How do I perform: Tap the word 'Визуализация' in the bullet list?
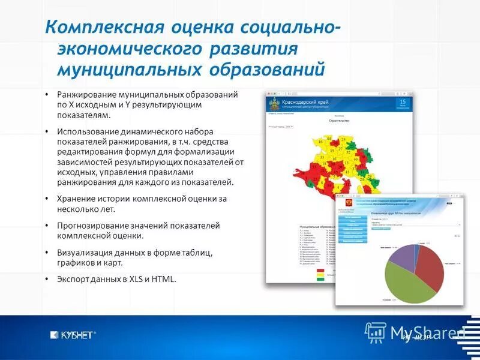83,253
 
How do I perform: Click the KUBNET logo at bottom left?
73,335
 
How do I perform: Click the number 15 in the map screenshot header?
403,103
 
